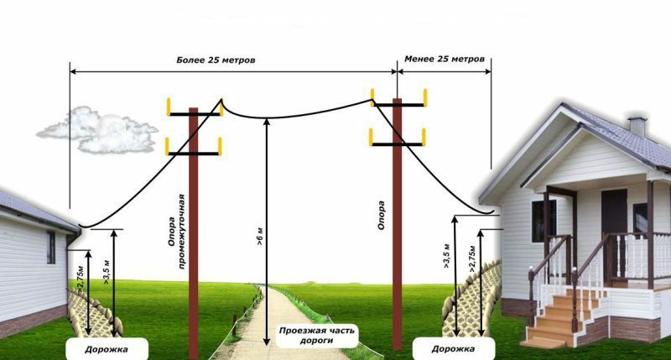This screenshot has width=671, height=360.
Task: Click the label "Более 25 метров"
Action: [216, 60]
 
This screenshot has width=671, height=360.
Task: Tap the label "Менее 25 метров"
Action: [445, 59]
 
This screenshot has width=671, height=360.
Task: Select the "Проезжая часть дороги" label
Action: [317, 336]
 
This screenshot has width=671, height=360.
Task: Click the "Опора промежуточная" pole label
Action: [176, 232]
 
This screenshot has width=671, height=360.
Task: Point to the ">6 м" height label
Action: [260, 237]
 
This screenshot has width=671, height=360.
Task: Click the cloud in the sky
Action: [97, 130]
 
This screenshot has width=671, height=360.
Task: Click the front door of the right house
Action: [614, 218]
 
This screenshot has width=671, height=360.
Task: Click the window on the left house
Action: [51, 248]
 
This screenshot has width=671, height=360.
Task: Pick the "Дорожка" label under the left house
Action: [107, 349]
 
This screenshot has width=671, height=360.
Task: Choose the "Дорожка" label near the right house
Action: [453, 349]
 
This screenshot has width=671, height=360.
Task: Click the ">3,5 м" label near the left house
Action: [107, 272]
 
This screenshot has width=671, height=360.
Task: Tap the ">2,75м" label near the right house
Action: [472, 259]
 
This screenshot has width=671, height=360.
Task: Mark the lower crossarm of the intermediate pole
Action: [194, 153]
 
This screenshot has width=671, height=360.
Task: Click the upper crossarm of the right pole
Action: [399, 104]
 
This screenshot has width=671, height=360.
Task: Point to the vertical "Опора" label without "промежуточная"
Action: [381, 216]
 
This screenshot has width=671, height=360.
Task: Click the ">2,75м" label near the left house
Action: [81, 279]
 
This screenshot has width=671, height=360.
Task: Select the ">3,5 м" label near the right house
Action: [447, 256]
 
